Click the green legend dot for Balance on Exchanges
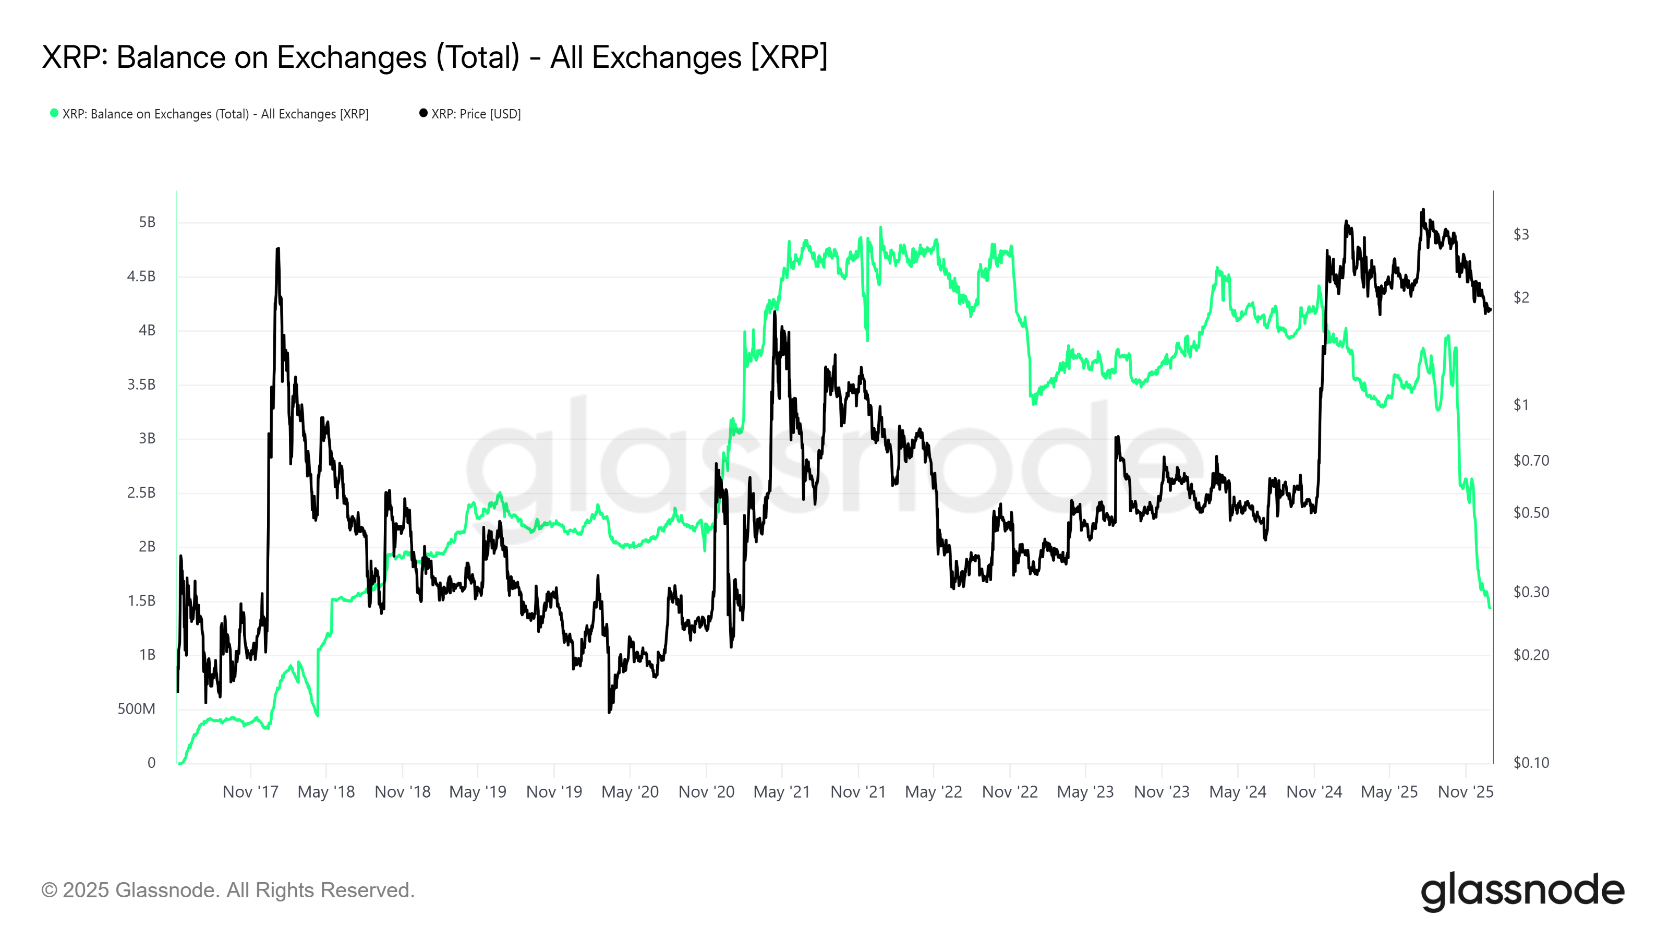tap(54, 113)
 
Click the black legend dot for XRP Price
tap(424, 113)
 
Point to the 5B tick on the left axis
tap(147, 222)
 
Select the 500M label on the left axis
tap(136, 709)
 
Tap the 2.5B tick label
tap(141, 492)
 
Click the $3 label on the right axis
tap(1521, 235)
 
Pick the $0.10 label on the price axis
tap(1531, 763)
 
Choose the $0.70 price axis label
tap(1531, 461)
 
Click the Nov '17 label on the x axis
tap(250, 792)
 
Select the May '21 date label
tap(781, 792)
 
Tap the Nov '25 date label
tap(1465, 792)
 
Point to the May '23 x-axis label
tap(1085, 792)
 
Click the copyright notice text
tap(227, 890)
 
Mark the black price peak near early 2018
tap(278, 249)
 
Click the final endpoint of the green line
tap(1490, 607)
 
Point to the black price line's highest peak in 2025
tap(1423, 210)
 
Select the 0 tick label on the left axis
tap(152, 763)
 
